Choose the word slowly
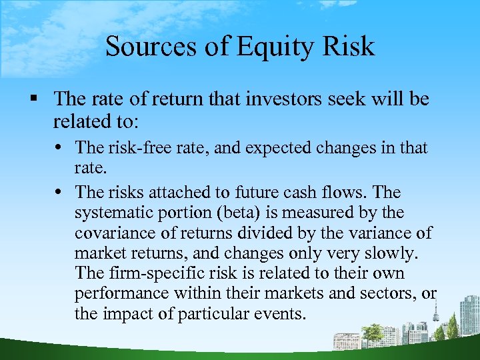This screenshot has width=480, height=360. tap(395, 253)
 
